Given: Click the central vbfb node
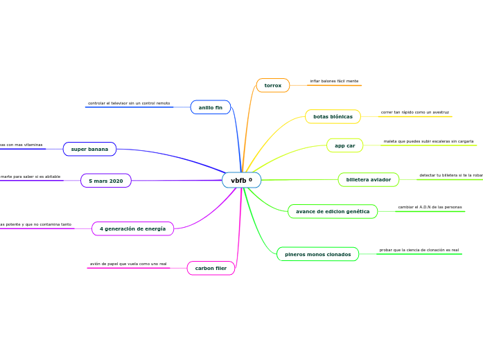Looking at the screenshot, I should [x=240, y=180].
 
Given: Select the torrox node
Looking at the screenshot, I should [x=273, y=85].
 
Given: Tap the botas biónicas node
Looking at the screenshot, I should [x=333, y=116].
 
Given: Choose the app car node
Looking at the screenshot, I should [x=344, y=145].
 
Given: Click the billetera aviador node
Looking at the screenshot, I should [x=368, y=179].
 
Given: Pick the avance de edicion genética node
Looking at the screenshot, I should [x=333, y=211].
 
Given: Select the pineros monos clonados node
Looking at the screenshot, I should [x=317, y=254].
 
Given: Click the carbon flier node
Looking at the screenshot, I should [x=211, y=268].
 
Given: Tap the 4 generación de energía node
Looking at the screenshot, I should [x=132, y=228].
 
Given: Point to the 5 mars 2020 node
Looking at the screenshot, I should [x=106, y=181].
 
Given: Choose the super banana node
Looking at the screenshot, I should [x=89, y=149].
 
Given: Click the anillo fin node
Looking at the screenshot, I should [x=210, y=107].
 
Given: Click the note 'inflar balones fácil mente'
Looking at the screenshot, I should [x=334, y=81].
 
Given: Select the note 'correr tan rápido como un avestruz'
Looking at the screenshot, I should [x=414, y=112].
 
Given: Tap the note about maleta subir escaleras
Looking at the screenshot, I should [x=428, y=141].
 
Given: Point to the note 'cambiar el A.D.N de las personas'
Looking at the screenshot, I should [x=430, y=207].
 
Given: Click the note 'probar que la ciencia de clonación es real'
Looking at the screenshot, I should [x=419, y=250].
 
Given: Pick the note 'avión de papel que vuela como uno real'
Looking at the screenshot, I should [x=128, y=264].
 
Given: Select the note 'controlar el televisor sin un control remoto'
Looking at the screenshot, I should [x=129, y=103].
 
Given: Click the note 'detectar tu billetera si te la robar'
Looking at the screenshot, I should [x=450, y=175].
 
